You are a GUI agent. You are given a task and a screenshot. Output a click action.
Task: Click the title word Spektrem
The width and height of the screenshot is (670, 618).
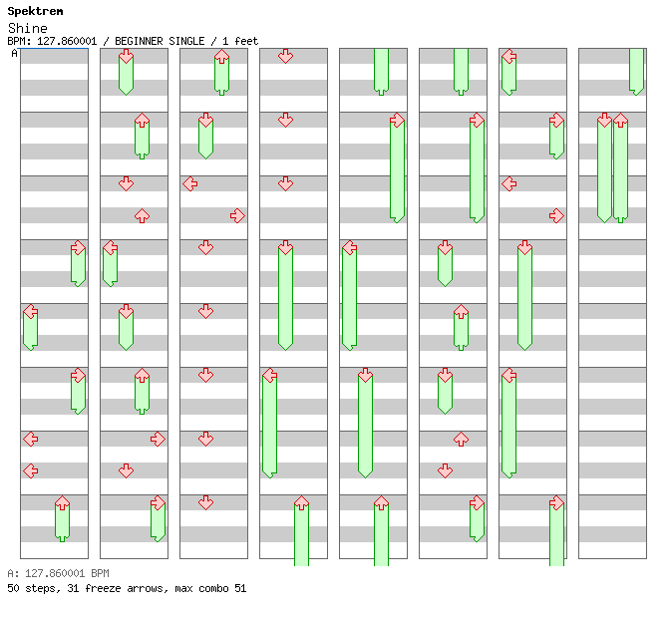(x=35, y=11)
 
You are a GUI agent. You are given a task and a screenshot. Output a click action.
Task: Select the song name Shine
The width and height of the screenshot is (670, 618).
(x=27, y=28)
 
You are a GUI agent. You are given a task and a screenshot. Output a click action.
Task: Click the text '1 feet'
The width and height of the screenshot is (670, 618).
(x=241, y=41)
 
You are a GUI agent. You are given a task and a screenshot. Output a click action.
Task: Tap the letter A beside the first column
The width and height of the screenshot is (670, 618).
(x=14, y=54)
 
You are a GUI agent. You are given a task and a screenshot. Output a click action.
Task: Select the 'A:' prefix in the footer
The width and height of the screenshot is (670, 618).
(x=13, y=574)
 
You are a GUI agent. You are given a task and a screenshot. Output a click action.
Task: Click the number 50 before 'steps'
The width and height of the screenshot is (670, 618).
(x=13, y=589)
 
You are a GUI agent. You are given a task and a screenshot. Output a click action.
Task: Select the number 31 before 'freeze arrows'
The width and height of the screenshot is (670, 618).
(x=72, y=589)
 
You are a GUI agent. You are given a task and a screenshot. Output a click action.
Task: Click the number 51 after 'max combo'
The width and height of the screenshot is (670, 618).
(x=240, y=589)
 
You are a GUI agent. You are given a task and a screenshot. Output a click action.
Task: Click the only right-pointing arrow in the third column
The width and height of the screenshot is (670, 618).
(x=237, y=215)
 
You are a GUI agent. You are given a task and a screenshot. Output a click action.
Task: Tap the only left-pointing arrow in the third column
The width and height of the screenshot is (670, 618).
(x=189, y=183)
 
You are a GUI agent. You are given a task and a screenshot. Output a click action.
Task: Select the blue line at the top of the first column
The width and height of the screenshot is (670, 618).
(x=54, y=49)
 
